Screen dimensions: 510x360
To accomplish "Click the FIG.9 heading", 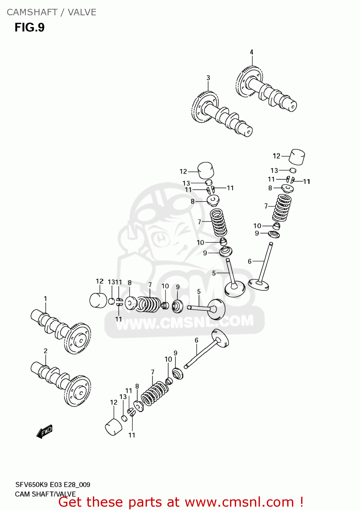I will tap(30, 28).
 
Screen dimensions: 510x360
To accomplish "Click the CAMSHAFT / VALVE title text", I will tap(51, 12).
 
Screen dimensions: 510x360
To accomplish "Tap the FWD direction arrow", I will tap(45, 432).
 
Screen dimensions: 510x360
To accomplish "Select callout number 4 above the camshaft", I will tap(251, 52).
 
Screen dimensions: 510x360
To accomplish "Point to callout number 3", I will tap(208, 78).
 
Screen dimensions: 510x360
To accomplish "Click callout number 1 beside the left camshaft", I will tap(45, 299).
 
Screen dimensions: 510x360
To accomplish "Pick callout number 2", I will tap(46, 351).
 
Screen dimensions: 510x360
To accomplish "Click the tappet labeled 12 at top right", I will tap(297, 157).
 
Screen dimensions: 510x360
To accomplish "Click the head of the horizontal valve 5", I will tap(216, 309).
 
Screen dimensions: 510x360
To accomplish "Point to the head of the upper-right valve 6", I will tap(259, 284).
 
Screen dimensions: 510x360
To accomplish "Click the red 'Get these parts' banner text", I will tap(181, 502).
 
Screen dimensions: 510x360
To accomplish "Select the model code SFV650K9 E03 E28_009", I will tap(53, 485).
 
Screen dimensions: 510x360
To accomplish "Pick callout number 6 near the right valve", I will tap(249, 261).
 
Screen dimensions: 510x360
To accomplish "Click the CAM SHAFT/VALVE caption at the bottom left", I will tap(45, 494).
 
